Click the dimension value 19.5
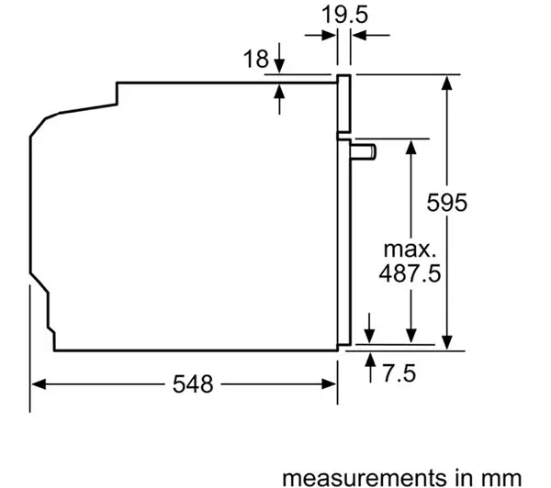(x=344, y=15)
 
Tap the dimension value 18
(x=256, y=59)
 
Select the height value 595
(x=446, y=203)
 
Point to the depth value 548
(x=193, y=383)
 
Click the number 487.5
(x=410, y=273)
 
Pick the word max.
(x=410, y=250)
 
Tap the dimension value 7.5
(x=399, y=372)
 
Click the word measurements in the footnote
(x=365, y=478)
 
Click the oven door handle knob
(x=364, y=152)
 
